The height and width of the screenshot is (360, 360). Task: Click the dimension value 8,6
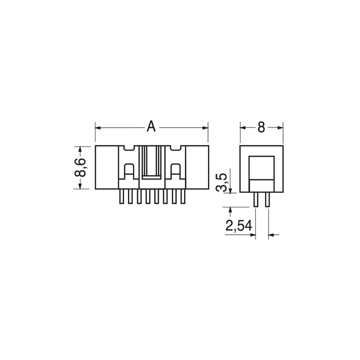[80, 167]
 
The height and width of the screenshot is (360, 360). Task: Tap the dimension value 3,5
[221, 183]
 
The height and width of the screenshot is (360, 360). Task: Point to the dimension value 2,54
[239, 226]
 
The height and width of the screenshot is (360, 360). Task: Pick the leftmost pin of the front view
[121, 197]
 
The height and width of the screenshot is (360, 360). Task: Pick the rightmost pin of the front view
[183, 197]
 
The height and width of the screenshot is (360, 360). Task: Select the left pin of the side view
[256, 200]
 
